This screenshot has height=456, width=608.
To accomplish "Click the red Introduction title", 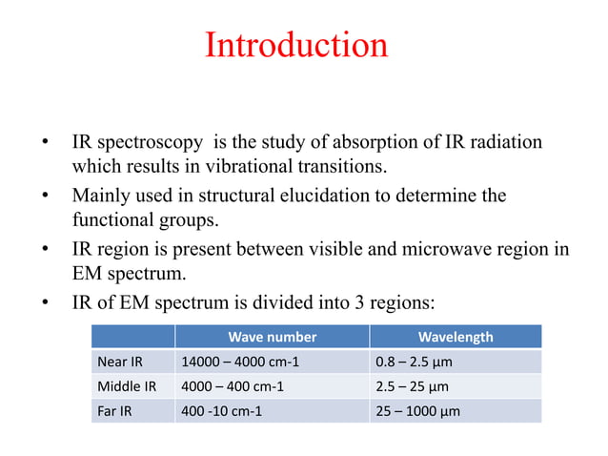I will click(x=296, y=46).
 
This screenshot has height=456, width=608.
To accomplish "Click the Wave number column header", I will click(x=272, y=337).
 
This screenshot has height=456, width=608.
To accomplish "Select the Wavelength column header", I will click(x=456, y=337).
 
